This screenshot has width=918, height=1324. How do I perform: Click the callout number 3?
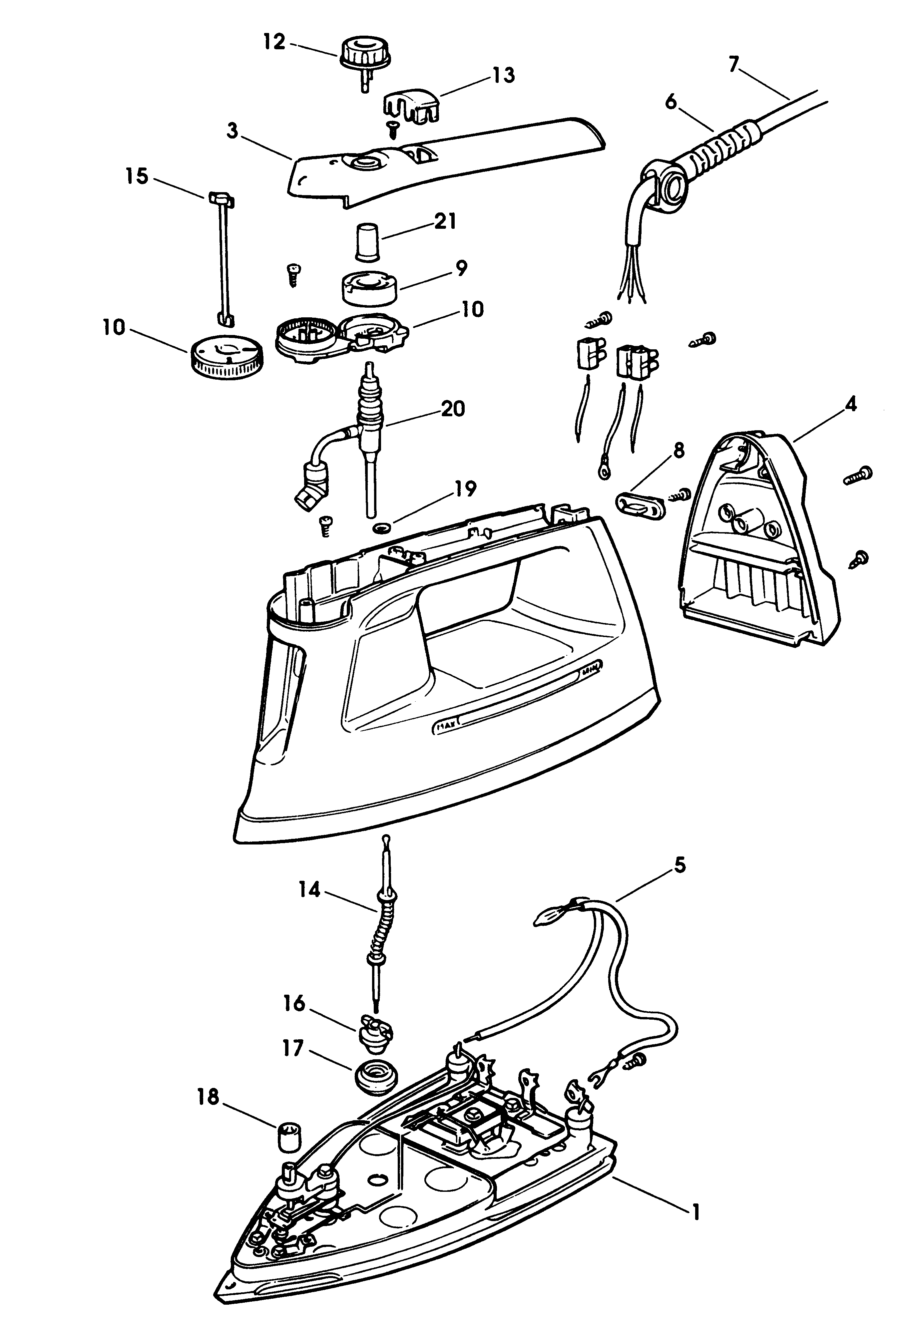coord(232,131)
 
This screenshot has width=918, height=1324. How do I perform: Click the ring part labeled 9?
coord(369,289)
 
